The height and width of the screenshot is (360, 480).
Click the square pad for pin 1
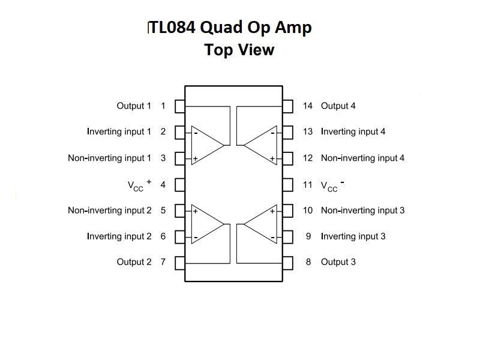179,106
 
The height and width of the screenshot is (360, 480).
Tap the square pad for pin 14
288,106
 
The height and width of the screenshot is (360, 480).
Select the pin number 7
163,262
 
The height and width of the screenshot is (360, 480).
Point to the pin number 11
307,184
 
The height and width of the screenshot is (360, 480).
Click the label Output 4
338,106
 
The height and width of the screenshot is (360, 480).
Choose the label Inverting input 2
119,236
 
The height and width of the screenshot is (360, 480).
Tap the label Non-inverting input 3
362,211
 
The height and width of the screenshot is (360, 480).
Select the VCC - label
332,185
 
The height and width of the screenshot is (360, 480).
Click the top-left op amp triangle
206,145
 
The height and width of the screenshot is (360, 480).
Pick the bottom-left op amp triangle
206,224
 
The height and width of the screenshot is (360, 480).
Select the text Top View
239,50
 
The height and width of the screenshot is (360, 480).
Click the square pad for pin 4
179,184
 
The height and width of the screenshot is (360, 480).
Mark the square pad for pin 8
288,262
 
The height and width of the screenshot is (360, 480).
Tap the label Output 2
134,262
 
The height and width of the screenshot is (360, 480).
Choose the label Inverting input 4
353,132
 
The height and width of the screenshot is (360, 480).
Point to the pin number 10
307,211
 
